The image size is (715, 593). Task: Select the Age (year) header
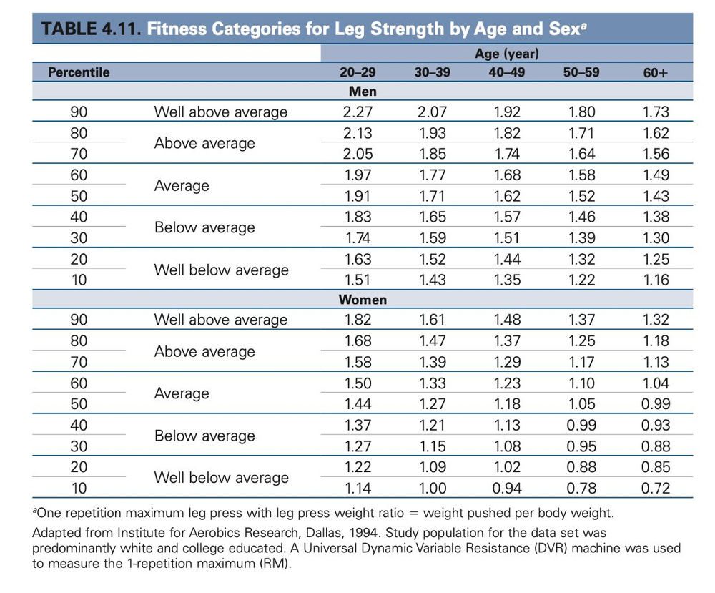(506, 54)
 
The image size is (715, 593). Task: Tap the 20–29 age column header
(357, 72)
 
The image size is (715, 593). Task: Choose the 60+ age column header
(655, 72)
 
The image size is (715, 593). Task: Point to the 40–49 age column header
(506, 72)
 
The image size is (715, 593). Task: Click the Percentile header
(79, 72)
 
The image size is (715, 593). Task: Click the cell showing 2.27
(357, 112)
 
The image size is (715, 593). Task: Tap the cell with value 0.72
(655, 489)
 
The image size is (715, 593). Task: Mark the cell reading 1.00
(432, 489)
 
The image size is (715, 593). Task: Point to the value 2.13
(357, 133)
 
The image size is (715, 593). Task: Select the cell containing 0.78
(581, 489)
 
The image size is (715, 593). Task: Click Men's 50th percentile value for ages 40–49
(506, 196)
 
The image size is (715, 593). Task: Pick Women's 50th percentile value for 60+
(655, 404)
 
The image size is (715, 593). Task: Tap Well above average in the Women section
(221, 320)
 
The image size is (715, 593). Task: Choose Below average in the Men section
(204, 227)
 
